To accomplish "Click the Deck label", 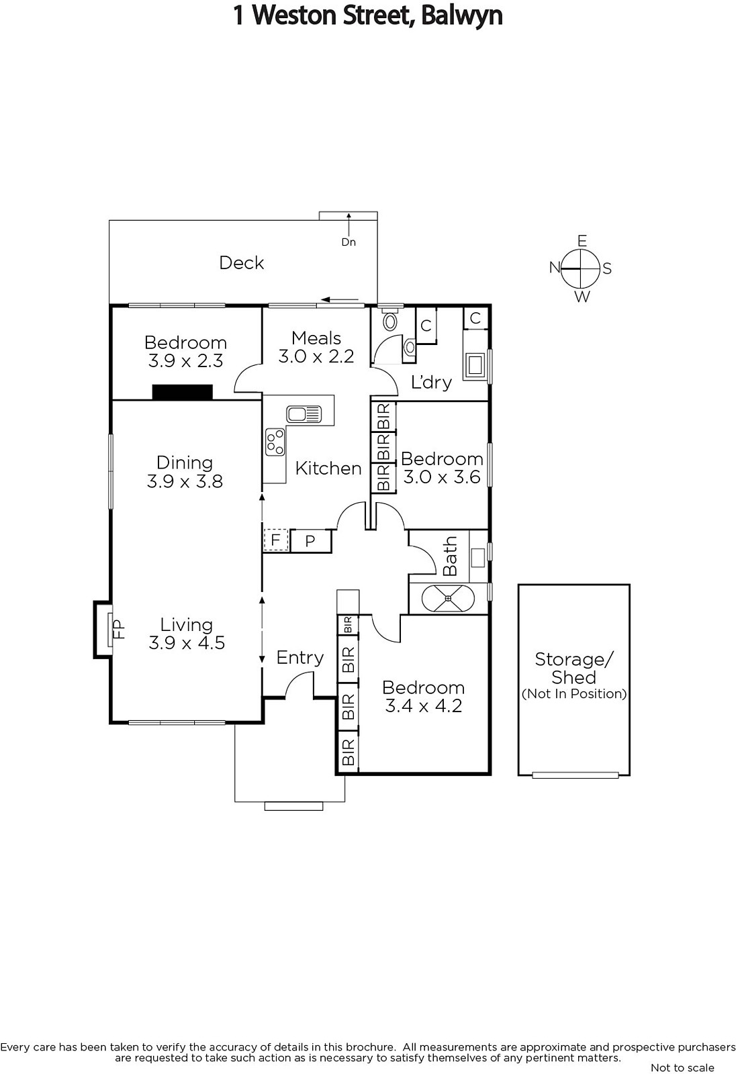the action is [241, 262].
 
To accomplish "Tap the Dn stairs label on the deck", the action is [349, 242].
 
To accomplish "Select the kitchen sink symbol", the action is [304, 413].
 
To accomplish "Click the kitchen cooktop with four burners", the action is [275, 442].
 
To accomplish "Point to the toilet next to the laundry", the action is [391, 321].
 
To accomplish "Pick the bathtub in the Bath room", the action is [448, 598].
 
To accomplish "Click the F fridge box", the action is [275, 540].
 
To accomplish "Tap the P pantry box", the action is [310, 541].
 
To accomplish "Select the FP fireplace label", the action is [118, 630].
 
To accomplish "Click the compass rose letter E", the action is [582, 240].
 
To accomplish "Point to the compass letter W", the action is [582, 297].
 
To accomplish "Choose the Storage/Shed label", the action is [574, 668].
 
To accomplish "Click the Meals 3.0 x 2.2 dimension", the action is [316, 356].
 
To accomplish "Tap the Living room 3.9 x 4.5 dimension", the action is [187, 643].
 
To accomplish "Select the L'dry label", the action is [431, 382].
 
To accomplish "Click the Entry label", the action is [300, 657].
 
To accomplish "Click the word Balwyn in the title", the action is [462, 15].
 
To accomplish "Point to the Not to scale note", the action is [682, 1067].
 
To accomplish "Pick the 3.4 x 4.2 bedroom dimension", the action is [424, 705].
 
